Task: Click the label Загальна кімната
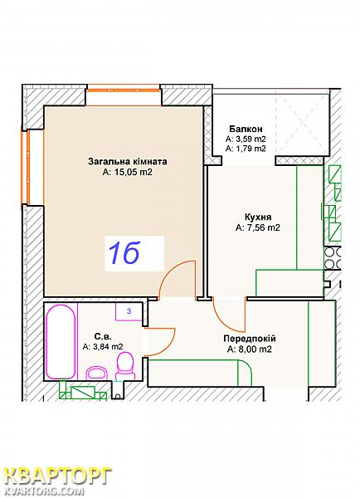click(x=127, y=162)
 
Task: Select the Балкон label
click(x=246, y=129)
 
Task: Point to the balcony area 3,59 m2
click(x=246, y=139)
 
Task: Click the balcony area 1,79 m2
click(x=246, y=149)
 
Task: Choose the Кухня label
click(x=258, y=217)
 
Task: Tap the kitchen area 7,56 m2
click(x=258, y=227)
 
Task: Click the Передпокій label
click(x=250, y=339)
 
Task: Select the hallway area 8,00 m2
click(x=250, y=349)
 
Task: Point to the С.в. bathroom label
click(x=103, y=336)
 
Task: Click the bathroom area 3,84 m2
click(x=103, y=347)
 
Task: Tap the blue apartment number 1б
click(x=124, y=253)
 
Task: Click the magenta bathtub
click(x=61, y=341)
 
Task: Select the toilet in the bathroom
click(x=125, y=366)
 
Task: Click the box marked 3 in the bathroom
click(x=129, y=311)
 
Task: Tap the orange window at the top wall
click(x=123, y=90)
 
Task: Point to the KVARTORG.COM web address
click(x=45, y=491)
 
